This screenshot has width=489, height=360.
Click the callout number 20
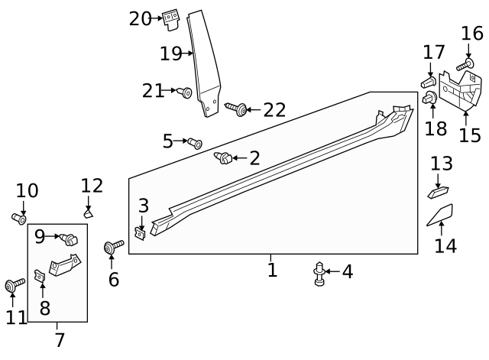click(x=141, y=18)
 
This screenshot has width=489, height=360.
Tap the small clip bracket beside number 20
click(x=171, y=19)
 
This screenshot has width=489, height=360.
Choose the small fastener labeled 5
click(x=195, y=142)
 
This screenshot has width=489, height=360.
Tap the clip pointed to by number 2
click(x=223, y=158)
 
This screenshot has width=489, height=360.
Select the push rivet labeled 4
click(x=320, y=274)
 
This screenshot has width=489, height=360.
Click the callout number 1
click(x=272, y=269)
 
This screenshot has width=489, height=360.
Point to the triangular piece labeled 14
click(x=440, y=215)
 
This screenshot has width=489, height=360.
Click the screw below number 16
click(x=465, y=64)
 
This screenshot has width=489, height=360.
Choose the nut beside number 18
click(x=430, y=98)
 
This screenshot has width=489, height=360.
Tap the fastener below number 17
click(x=428, y=80)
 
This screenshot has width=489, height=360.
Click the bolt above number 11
click(x=13, y=285)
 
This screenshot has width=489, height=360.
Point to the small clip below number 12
click(x=88, y=215)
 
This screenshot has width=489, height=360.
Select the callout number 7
click(x=59, y=339)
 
